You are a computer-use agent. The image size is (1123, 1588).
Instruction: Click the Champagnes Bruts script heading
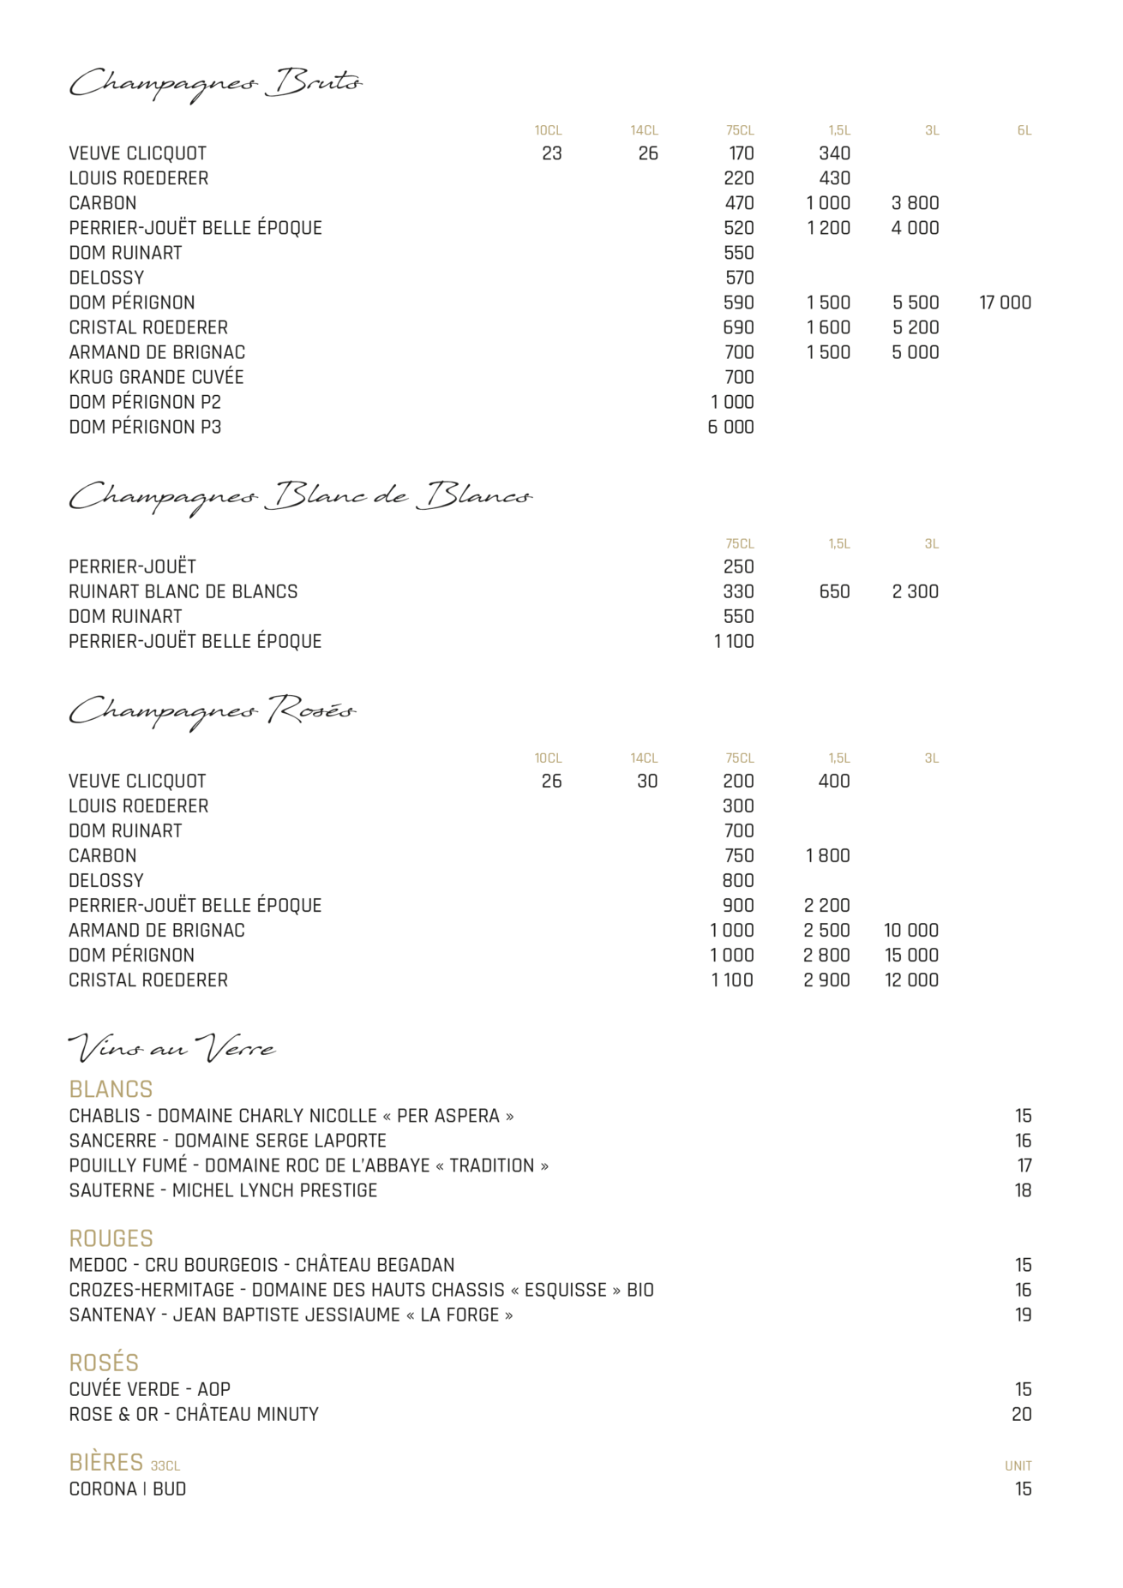point(215,83)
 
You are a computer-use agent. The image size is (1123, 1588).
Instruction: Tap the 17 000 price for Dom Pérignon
point(1005,303)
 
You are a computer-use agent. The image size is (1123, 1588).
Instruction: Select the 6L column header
point(1024,131)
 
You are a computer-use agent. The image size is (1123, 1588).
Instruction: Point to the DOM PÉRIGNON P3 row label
point(145,427)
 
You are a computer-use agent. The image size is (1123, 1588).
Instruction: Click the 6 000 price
point(730,427)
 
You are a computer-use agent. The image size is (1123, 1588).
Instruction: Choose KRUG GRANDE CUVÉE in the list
point(156,377)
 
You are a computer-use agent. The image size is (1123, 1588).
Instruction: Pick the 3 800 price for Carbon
point(915,203)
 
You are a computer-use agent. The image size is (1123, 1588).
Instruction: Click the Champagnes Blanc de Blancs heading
point(300,497)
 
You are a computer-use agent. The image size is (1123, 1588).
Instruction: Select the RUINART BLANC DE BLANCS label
point(183,591)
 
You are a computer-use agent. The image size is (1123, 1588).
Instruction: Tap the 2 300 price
point(915,591)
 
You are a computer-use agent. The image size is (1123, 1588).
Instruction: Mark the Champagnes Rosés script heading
point(212,711)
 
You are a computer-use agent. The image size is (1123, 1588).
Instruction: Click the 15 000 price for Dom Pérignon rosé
point(911,955)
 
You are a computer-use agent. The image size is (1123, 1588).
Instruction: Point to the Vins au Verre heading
point(171,1048)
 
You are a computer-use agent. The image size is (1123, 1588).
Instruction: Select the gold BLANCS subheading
point(111,1089)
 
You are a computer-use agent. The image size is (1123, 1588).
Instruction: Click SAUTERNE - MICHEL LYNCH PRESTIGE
point(223,1190)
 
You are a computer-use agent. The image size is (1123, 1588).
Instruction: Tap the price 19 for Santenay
point(1023,1315)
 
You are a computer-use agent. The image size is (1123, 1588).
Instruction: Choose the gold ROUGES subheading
point(111,1238)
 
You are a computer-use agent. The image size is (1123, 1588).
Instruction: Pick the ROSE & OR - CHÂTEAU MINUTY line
point(194,1414)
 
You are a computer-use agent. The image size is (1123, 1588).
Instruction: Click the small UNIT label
point(1018,1466)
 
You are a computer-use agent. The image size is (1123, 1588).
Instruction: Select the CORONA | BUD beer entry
point(128,1489)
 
